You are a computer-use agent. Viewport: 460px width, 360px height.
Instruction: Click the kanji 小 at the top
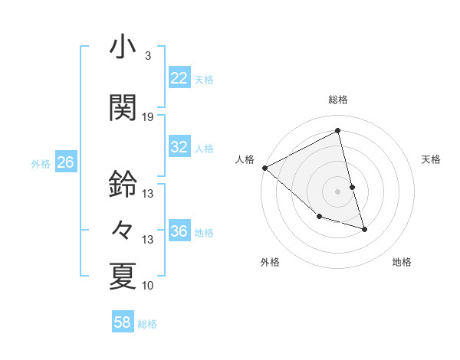tap(122, 47)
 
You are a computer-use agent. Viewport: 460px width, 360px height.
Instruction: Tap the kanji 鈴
tap(122, 184)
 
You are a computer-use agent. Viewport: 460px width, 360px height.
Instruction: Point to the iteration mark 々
tap(122, 229)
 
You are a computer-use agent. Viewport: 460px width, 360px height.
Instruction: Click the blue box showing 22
tap(179, 78)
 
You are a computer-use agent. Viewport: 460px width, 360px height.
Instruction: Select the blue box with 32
tap(179, 147)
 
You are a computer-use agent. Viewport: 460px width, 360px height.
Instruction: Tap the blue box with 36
tap(179, 231)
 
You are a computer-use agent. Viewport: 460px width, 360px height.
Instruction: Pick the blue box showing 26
tap(66, 162)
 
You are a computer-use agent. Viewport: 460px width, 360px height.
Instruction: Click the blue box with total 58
tap(123, 322)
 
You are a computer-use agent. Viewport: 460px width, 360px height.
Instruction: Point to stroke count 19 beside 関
tap(148, 117)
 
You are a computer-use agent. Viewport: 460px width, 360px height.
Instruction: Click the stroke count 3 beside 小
tap(147, 56)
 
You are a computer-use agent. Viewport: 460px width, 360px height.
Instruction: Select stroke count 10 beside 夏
tap(148, 286)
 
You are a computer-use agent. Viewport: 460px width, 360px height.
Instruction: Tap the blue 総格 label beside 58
tap(147, 324)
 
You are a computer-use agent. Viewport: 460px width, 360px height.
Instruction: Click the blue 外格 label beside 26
tap(41, 164)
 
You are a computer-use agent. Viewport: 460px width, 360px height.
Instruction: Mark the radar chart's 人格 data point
tap(264, 168)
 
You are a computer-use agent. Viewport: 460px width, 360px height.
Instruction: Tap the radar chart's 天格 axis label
tap(432, 159)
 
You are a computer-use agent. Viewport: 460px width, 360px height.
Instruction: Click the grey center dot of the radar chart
tap(338, 191)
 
